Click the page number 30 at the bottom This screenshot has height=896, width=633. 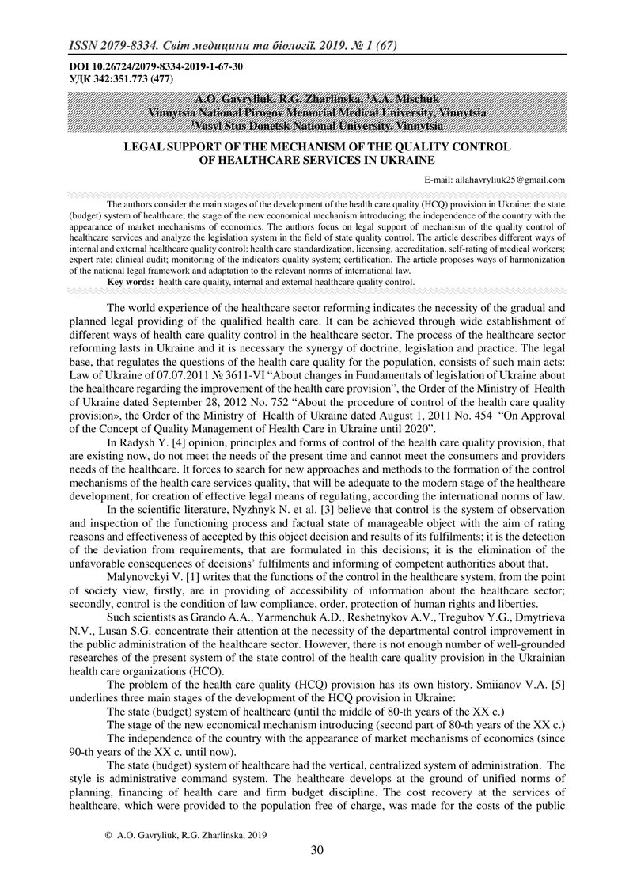(316, 850)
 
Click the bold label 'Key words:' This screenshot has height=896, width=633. (131, 282)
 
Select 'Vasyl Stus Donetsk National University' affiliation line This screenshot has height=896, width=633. (316, 126)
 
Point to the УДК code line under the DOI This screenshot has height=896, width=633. (112, 78)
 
